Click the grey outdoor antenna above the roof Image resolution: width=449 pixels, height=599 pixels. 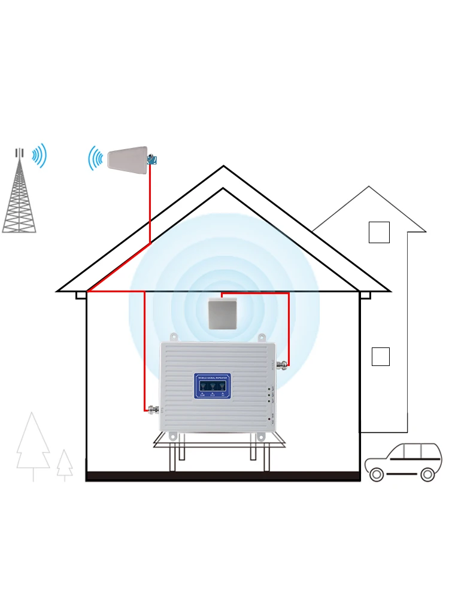(128, 160)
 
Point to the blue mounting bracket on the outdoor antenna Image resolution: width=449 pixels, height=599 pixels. (152, 160)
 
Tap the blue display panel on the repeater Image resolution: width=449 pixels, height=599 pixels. (213, 386)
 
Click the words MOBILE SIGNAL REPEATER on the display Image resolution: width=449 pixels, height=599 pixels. (213, 378)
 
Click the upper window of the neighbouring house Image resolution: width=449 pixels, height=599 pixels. (379, 232)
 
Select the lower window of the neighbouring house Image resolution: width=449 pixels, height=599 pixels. (381, 356)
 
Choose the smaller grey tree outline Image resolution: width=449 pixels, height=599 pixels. (65, 464)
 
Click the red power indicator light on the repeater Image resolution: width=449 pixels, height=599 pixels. (271, 416)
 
